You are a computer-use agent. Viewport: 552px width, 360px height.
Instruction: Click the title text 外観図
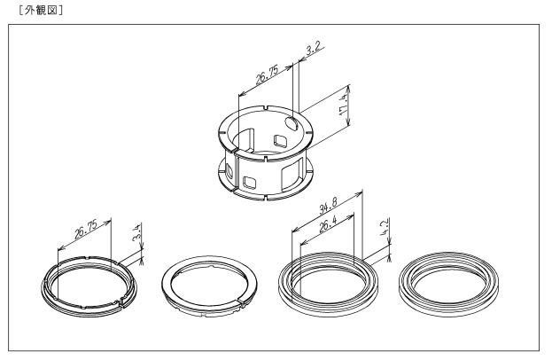41,11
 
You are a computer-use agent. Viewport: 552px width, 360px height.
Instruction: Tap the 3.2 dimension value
313,50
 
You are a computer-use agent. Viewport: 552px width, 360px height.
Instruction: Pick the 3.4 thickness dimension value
137,232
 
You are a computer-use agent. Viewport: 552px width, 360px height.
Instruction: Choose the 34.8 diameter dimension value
328,206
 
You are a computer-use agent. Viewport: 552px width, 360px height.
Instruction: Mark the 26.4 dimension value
328,224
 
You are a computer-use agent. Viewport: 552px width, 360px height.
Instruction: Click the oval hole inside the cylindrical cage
292,123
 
